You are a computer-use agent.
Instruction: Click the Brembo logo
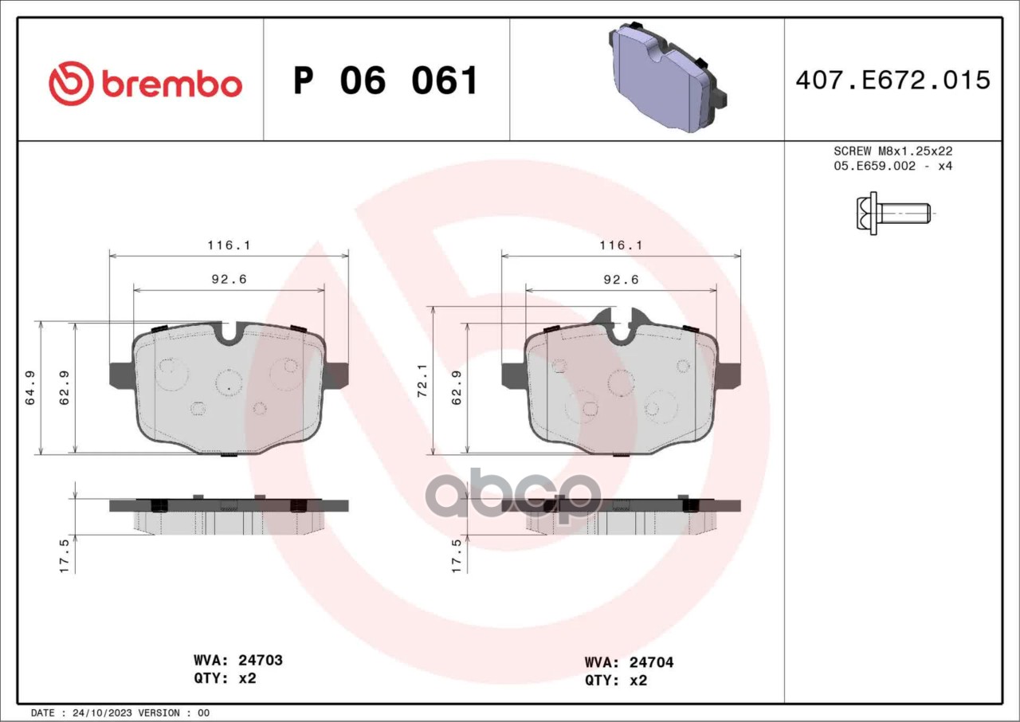click(145, 84)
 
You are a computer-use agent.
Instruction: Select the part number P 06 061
click(385, 80)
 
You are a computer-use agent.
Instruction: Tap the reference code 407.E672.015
click(892, 80)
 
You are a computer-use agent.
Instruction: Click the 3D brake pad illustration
click(668, 77)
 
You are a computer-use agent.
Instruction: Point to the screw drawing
click(893, 213)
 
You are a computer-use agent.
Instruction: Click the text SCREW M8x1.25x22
click(893, 151)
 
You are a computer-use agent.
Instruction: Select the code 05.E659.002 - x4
click(893, 166)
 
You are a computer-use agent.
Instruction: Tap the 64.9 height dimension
click(30, 388)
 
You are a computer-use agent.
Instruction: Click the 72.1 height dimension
click(422, 381)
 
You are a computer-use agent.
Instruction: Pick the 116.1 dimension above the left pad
click(229, 245)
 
